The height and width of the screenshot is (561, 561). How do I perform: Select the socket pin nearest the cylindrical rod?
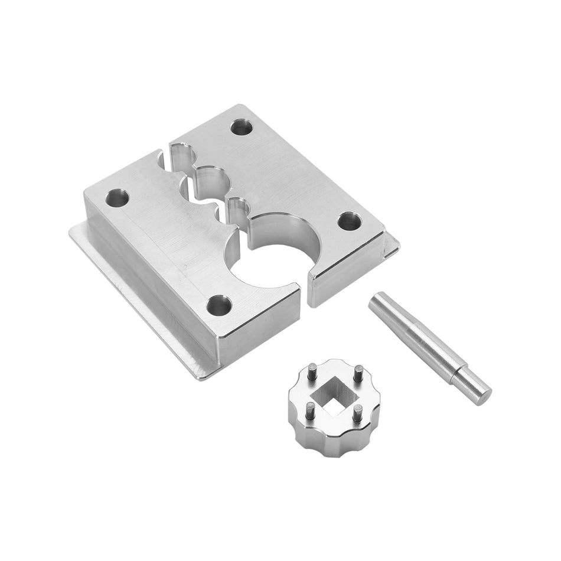click(358, 374)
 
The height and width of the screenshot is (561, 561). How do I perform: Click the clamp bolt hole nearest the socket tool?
click(218, 304)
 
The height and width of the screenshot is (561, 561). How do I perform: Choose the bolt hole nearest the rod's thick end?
click(349, 221)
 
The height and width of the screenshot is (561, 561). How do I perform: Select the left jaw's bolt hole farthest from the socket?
click(118, 197)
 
